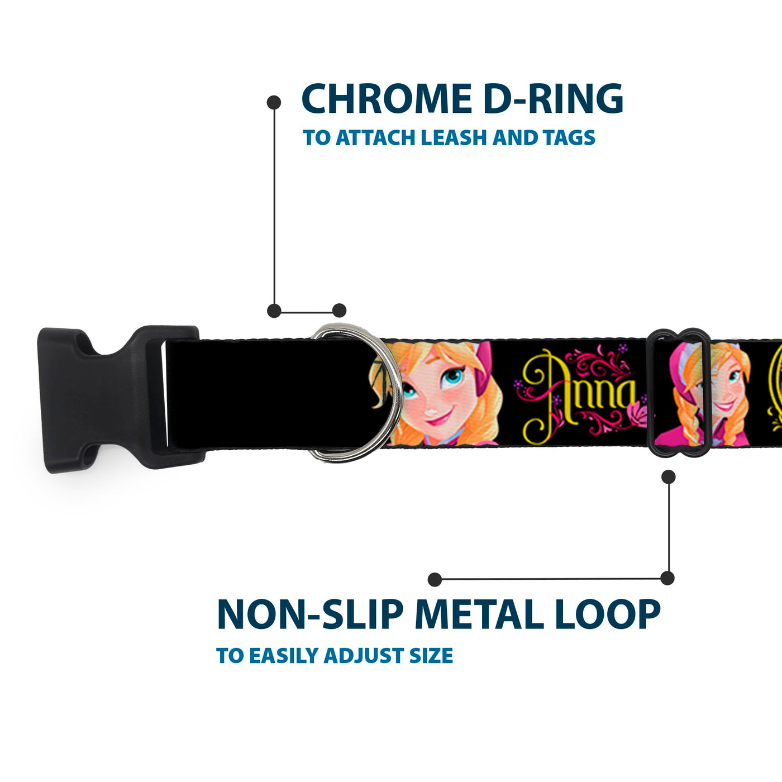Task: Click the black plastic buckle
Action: (112, 399)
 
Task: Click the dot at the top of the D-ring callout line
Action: (274, 102)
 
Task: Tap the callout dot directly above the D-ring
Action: (339, 311)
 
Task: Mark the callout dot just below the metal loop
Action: (668, 476)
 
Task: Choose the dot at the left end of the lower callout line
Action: (435, 579)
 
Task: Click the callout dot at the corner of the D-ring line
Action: (274, 311)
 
